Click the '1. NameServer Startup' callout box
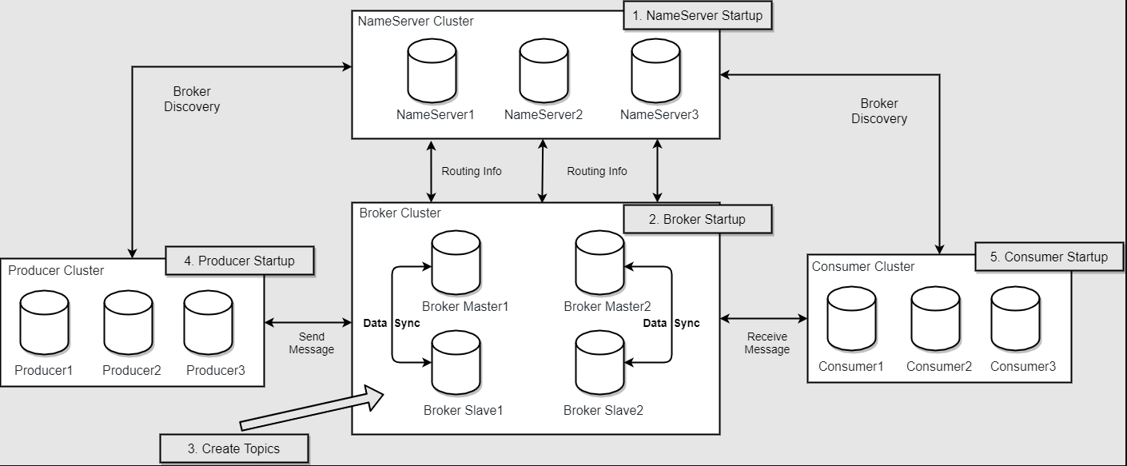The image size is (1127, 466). point(697,16)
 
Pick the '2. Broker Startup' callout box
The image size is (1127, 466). point(698,220)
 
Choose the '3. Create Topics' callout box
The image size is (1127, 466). point(234,448)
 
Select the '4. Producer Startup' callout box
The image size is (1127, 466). point(239,261)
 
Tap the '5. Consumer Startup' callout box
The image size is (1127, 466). point(1049,257)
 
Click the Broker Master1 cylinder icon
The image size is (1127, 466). point(456,264)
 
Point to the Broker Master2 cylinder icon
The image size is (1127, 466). point(600,264)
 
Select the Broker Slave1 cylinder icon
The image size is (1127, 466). point(456,364)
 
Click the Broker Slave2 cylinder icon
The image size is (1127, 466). point(600,364)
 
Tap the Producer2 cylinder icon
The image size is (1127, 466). point(128,323)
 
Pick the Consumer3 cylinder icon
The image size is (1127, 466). point(1015,319)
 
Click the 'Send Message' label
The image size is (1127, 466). point(311,344)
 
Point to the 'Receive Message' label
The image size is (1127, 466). point(767,343)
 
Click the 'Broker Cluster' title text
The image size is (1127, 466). point(400,213)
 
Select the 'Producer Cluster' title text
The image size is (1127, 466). point(56,271)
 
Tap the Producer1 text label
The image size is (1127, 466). point(44,371)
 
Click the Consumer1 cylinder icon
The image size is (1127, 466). point(851,319)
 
